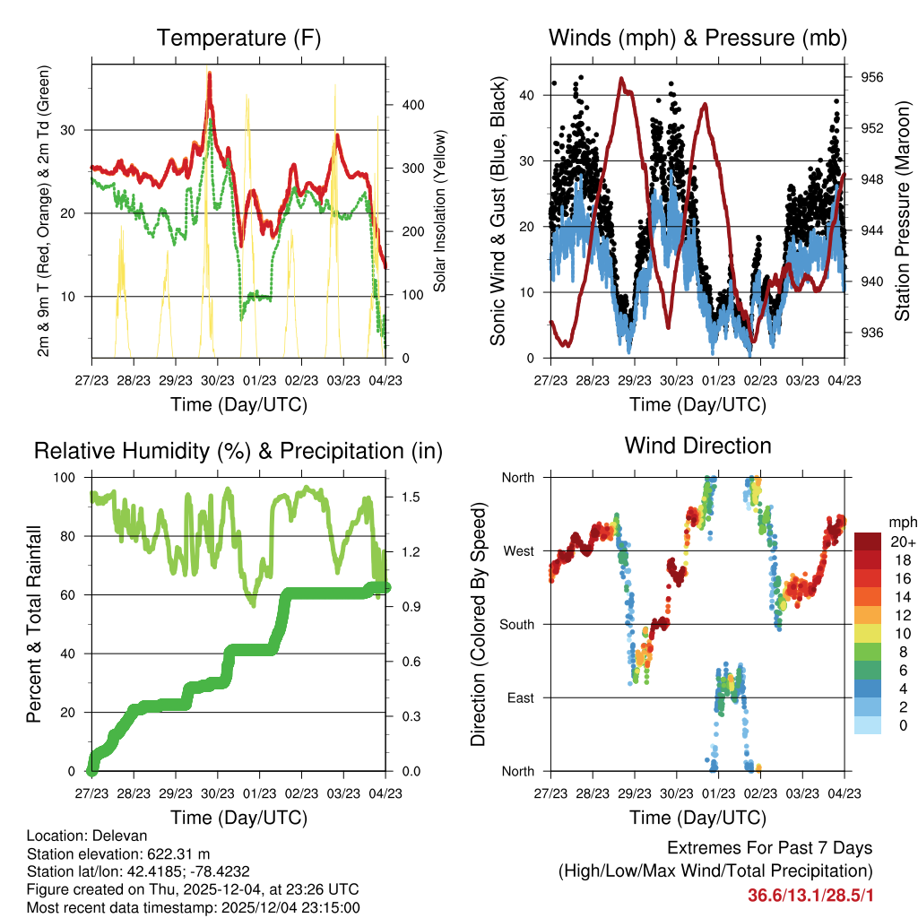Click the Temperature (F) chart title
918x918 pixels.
[x=238, y=38]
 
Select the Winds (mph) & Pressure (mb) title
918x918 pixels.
[x=697, y=38]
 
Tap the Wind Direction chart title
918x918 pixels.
[x=697, y=445]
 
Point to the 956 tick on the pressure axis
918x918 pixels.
[x=873, y=77]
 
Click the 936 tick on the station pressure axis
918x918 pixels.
[x=873, y=333]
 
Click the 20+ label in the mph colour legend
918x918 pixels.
[x=902, y=541]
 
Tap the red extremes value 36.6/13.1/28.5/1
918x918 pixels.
[x=810, y=895]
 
